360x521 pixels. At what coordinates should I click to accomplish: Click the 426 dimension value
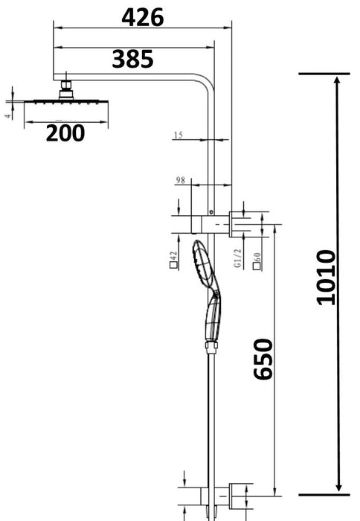coord(142,17)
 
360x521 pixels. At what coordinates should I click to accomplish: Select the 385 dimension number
coord(132,59)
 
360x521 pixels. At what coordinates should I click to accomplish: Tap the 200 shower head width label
coord(64,133)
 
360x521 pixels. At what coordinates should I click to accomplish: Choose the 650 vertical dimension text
coord(263,359)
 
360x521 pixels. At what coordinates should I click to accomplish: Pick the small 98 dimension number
coord(179,180)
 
